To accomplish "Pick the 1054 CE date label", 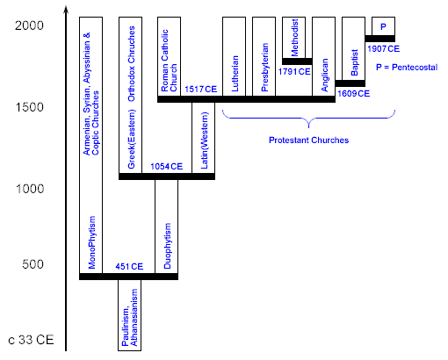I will point(167,166).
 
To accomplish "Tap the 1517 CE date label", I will point(200,89).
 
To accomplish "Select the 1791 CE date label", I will point(296,70).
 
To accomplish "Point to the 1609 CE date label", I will point(351,91).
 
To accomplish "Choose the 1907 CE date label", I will point(383,49).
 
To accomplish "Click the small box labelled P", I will point(383,26).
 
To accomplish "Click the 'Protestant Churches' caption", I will point(308,140).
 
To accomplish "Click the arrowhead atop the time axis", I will point(67,11).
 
